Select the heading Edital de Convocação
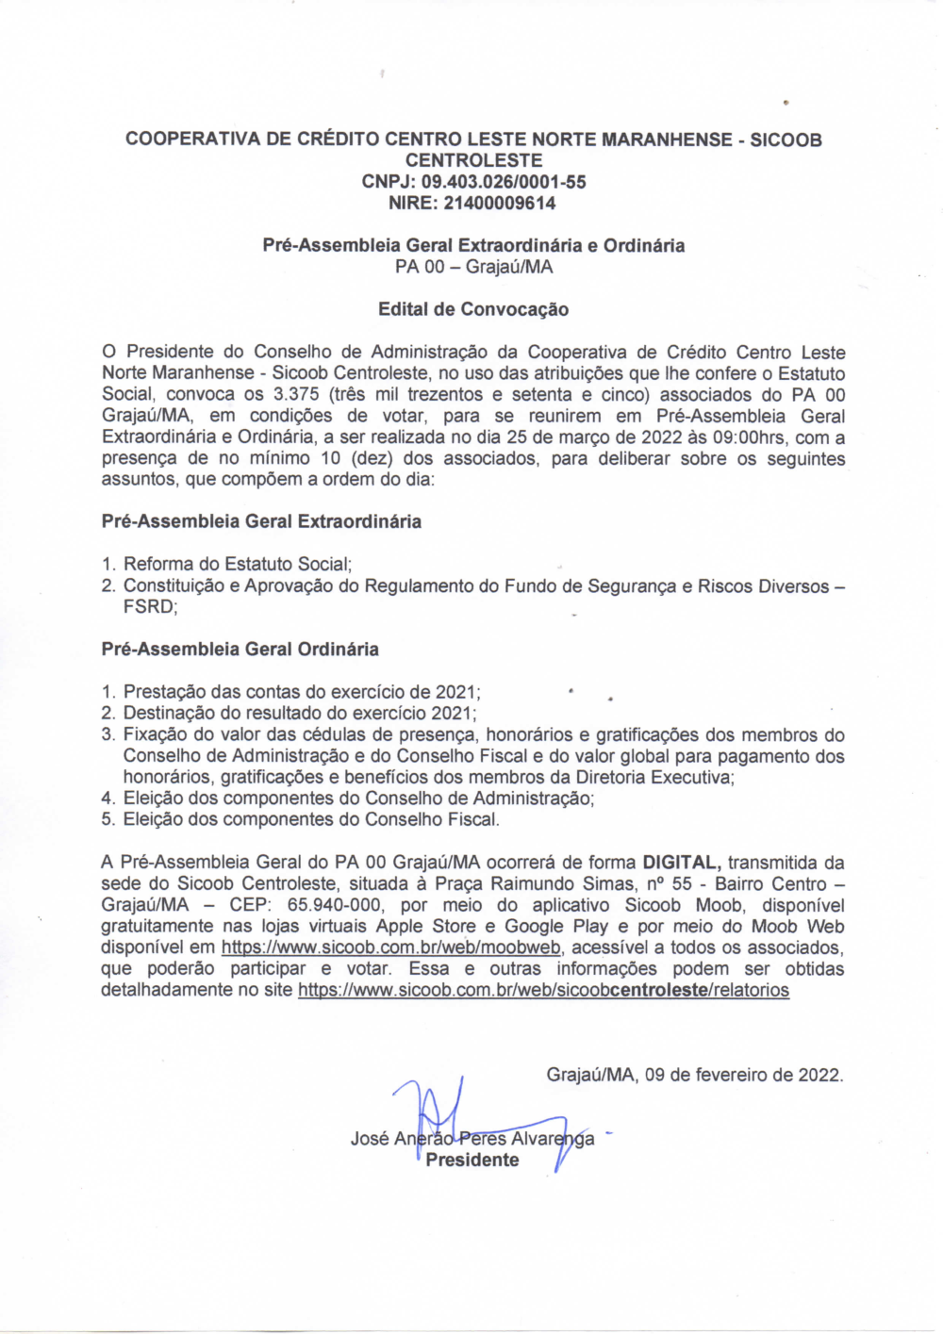tap(473, 309)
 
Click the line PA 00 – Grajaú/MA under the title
tap(473, 267)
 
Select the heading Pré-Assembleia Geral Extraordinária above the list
tap(261, 521)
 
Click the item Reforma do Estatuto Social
tap(238, 565)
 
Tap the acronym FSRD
tap(149, 607)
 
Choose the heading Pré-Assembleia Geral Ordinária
tap(240, 650)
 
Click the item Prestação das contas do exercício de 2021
tap(302, 692)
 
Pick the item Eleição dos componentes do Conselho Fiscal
tap(311, 819)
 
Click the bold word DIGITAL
tap(682, 863)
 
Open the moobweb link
tap(392, 947)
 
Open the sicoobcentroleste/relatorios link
tap(543, 990)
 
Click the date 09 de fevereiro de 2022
tap(743, 1075)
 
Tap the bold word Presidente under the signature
tap(471, 1161)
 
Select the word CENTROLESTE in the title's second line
tap(473, 160)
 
